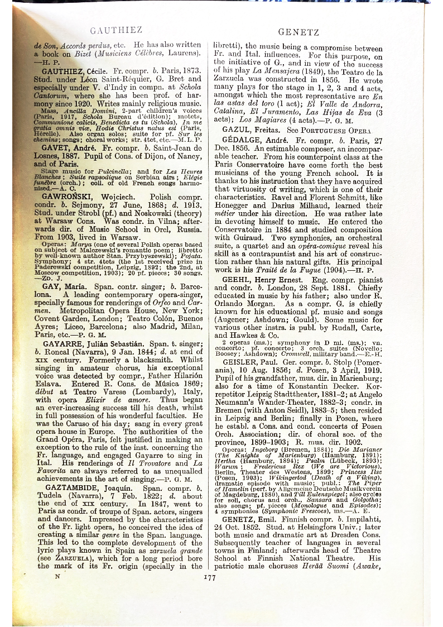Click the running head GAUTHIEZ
[115, 30]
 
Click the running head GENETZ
[298, 32]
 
